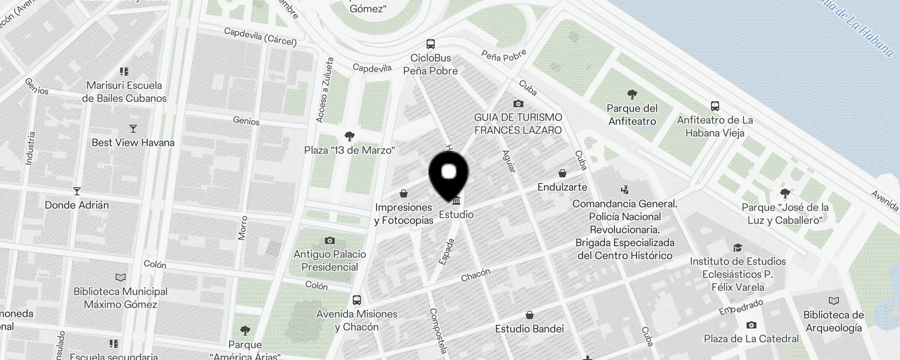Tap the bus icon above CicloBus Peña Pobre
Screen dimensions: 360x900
tap(431, 44)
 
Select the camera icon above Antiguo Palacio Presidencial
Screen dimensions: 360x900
tap(330, 240)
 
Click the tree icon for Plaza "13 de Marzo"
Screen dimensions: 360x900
tap(349, 136)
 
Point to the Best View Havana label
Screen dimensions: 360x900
tap(133, 143)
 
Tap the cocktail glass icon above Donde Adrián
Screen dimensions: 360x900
tap(77, 191)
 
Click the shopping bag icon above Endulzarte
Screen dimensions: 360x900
tap(562, 173)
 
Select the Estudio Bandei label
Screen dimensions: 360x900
tap(529, 329)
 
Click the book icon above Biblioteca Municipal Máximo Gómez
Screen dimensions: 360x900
tap(121, 277)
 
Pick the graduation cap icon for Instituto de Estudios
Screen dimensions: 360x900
tap(738, 247)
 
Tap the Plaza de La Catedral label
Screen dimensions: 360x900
tap(751, 339)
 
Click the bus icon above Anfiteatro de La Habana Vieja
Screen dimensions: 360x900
tap(715, 106)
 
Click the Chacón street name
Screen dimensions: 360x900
tap(475, 275)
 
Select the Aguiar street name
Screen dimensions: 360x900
tap(508, 161)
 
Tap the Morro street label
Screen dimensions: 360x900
tap(243, 228)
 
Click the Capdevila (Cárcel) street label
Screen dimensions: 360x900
tap(260, 37)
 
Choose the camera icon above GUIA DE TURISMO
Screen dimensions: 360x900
tap(518, 104)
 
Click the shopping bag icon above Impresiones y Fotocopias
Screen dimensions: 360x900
tap(404, 194)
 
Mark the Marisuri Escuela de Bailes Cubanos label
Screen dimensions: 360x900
tap(124, 92)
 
